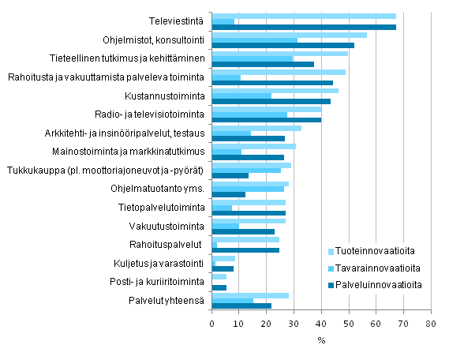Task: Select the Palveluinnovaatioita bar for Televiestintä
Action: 304,28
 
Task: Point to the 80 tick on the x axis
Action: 430,324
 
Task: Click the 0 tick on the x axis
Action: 212,324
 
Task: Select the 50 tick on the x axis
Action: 349,324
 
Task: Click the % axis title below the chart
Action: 321,340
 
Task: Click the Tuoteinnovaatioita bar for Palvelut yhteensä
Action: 250,295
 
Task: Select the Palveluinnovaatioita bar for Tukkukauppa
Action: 230,176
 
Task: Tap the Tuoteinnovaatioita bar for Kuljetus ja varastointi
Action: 223,258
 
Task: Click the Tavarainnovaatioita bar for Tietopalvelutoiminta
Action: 222,208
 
